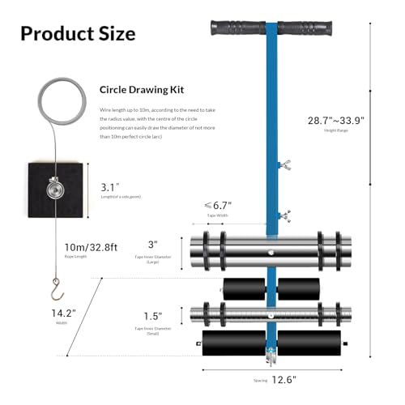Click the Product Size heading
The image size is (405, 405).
click(x=77, y=33)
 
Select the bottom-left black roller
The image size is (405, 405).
click(x=228, y=340)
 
